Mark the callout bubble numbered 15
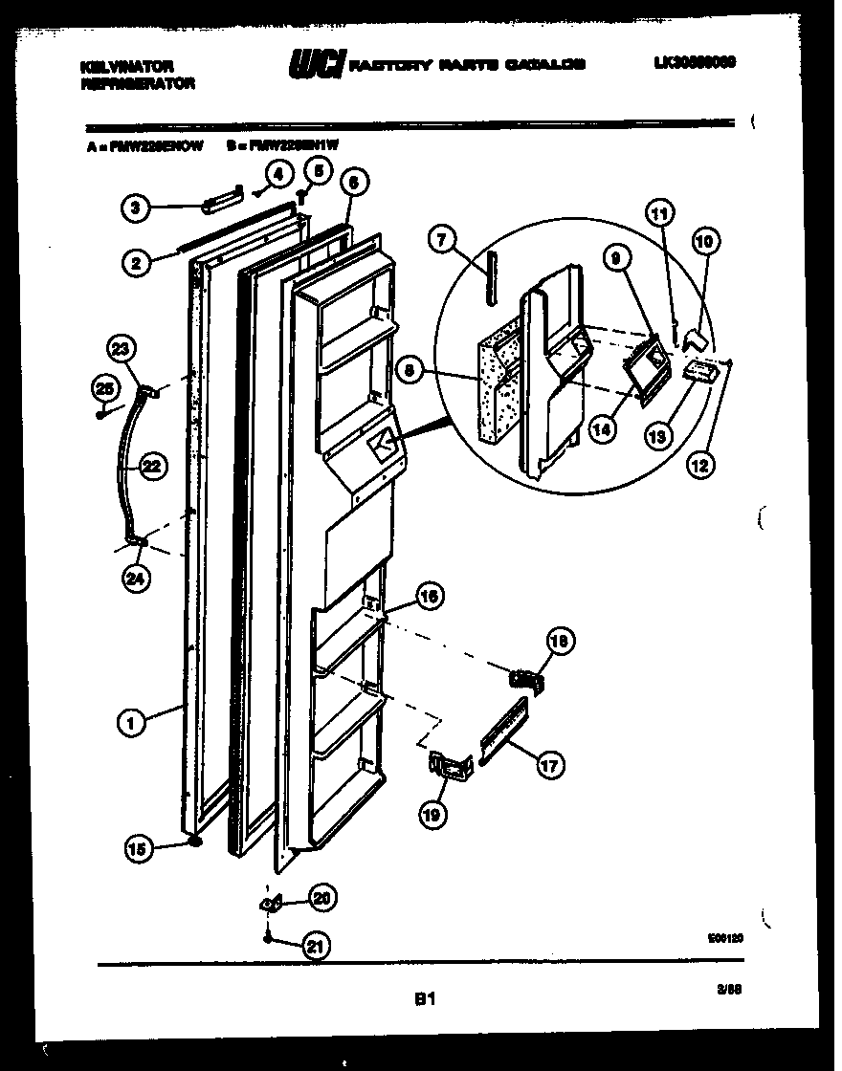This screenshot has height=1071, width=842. (x=140, y=845)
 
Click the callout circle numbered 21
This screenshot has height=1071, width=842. (x=313, y=947)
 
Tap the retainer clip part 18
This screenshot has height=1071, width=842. (x=524, y=680)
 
